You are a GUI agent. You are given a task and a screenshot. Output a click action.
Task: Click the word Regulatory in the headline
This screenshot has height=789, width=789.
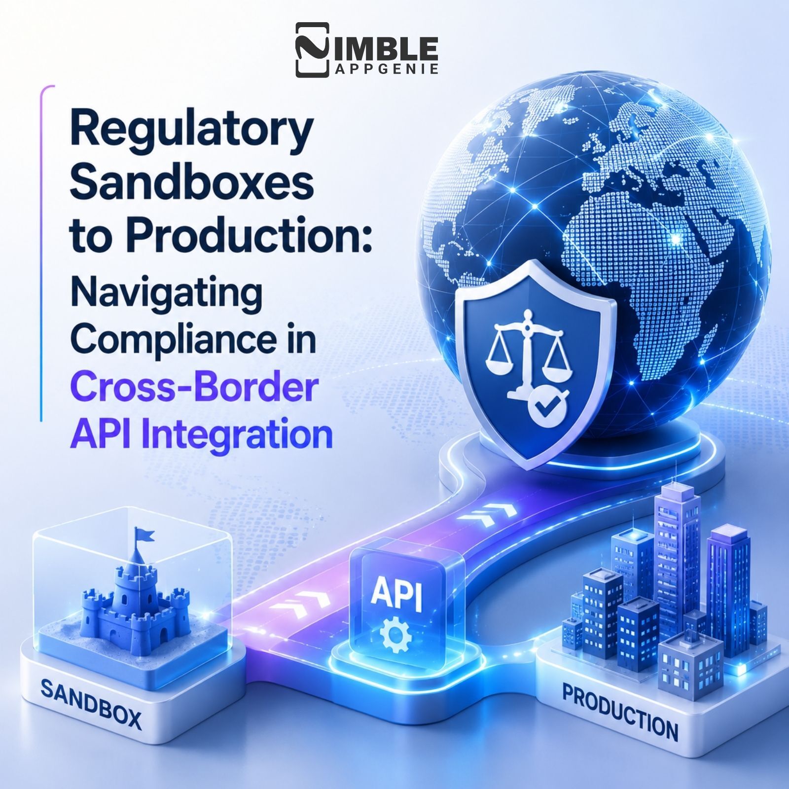[x=192, y=130]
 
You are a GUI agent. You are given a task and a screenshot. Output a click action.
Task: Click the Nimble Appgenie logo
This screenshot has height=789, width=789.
[x=367, y=50]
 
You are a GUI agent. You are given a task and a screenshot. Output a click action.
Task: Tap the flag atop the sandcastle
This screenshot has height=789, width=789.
[x=143, y=536]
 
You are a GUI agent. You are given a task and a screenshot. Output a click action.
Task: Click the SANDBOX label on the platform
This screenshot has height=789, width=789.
[x=91, y=704]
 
